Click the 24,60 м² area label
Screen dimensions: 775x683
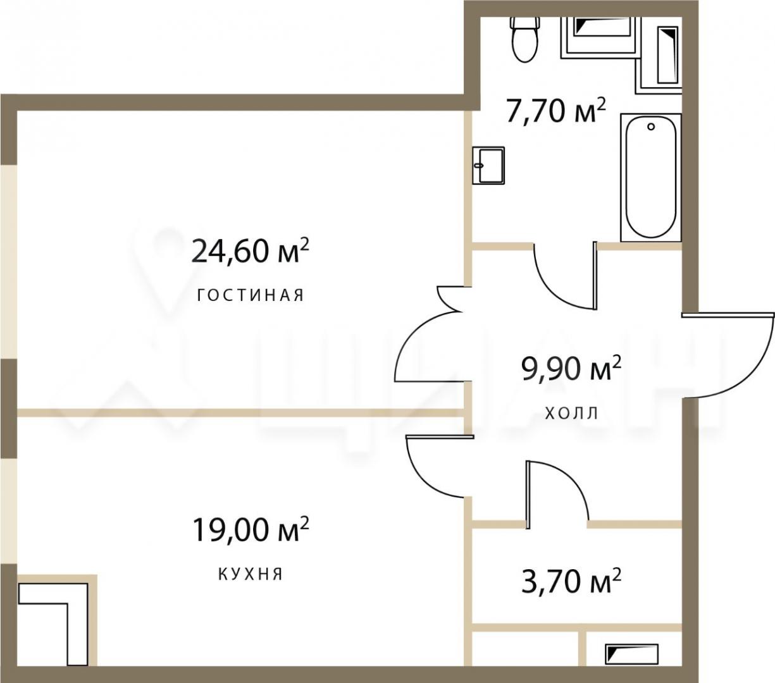(x=250, y=250)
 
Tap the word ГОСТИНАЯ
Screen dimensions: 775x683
(x=251, y=295)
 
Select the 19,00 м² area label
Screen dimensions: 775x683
(x=251, y=529)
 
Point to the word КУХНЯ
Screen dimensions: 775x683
(x=251, y=574)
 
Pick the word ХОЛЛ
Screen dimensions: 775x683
(x=571, y=413)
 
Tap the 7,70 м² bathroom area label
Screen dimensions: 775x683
(x=556, y=110)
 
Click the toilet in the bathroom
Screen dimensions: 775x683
(x=525, y=40)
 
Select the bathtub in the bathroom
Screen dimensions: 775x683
(x=650, y=177)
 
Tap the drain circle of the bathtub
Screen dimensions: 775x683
(x=651, y=126)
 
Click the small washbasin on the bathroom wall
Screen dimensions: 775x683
(x=488, y=166)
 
